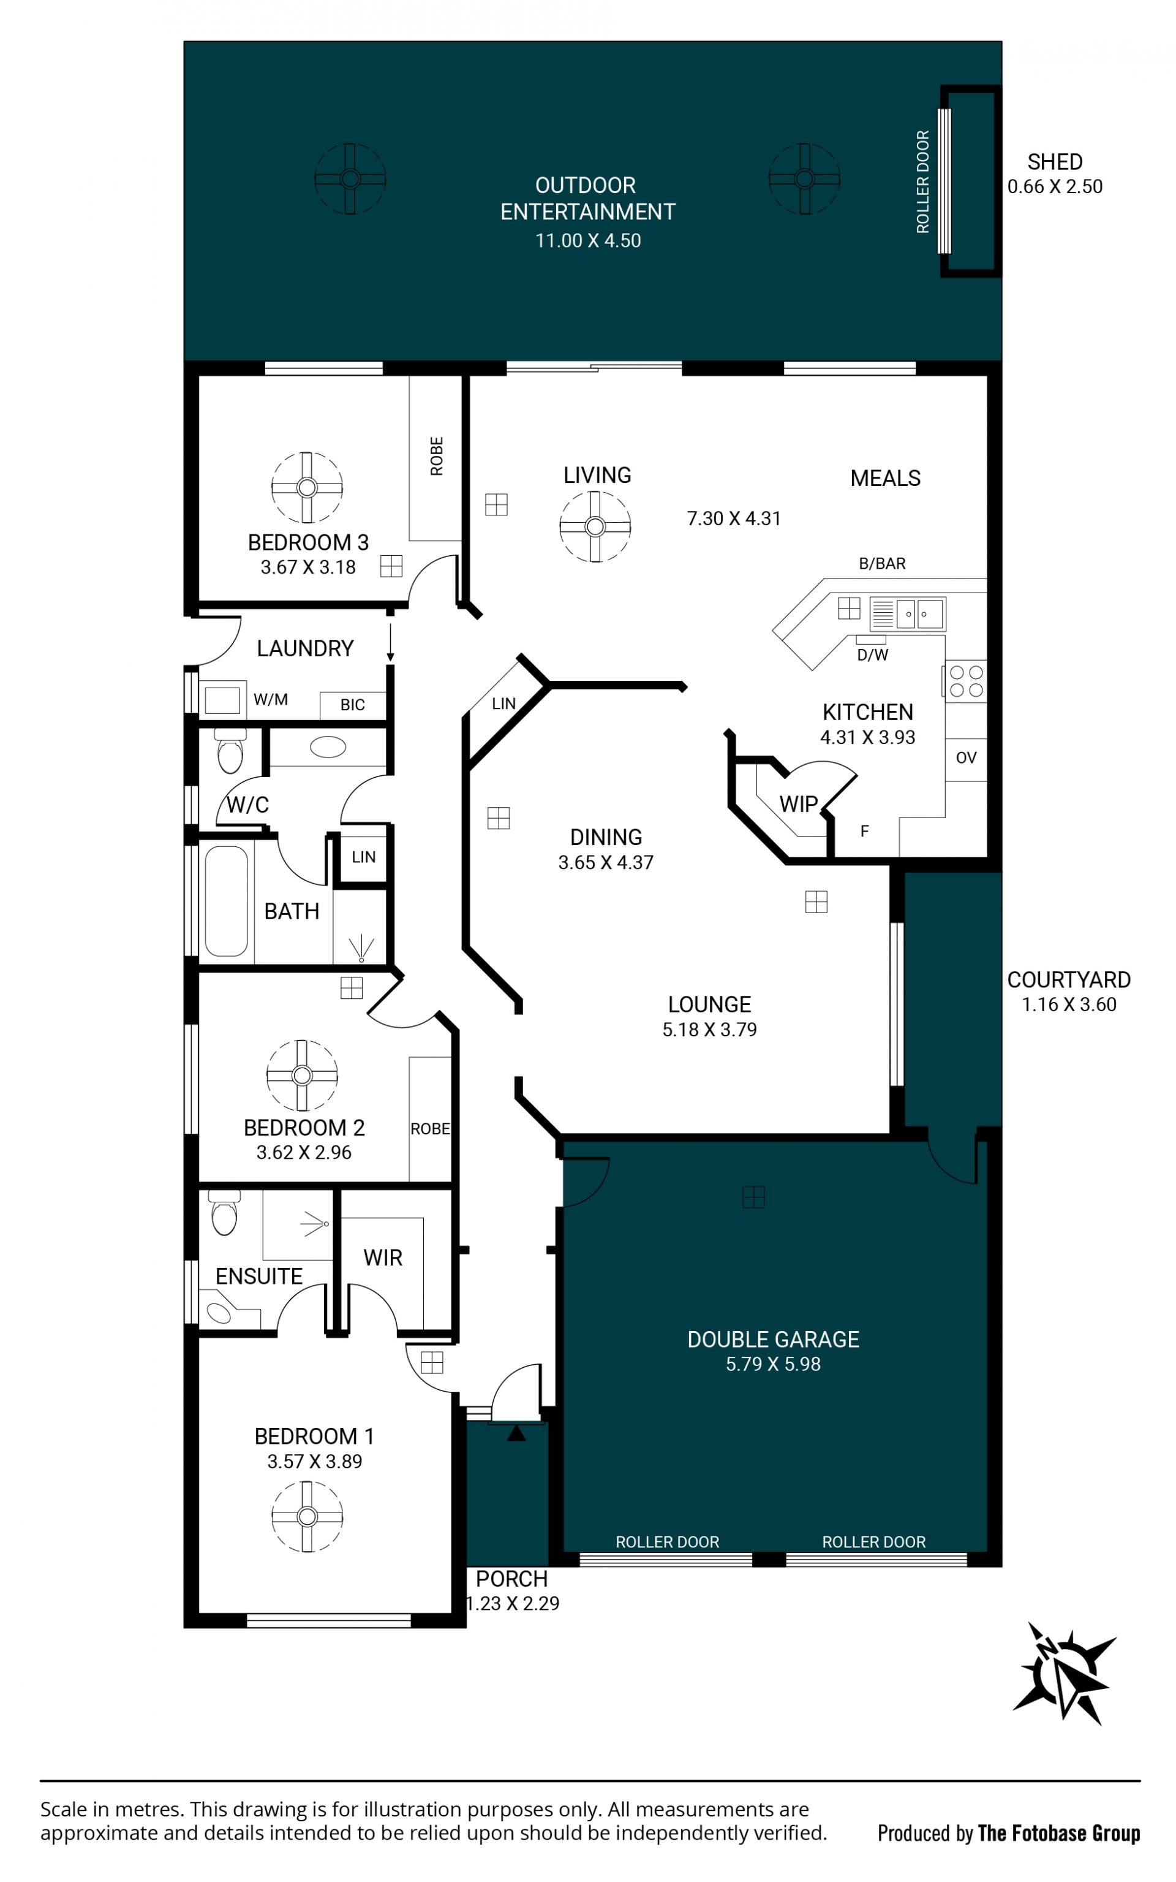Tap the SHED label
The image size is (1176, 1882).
pos(1055,162)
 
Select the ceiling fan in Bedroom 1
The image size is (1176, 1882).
pos(307,1516)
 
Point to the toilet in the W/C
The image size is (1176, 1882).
pos(230,751)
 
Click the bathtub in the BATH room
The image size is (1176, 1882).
pos(227,901)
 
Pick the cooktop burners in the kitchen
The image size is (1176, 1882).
pos(966,681)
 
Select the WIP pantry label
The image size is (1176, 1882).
pos(798,803)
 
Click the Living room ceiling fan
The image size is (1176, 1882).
pos(595,526)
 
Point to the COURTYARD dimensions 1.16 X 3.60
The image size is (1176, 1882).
pos(1069,1004)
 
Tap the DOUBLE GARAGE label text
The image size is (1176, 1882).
pos(773,1339)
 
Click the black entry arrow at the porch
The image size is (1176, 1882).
pos(516,1432)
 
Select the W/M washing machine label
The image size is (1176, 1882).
pos(271,699)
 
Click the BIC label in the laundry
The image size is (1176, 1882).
pos(352,705)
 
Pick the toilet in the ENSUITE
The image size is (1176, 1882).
pos(224,1212)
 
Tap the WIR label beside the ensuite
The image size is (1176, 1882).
pos(383,1258)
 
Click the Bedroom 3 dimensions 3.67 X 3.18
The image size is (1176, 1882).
pos(308,567)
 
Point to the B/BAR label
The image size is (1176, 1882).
pos(882,563)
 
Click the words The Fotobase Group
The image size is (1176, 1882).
pos(1058,1833)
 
